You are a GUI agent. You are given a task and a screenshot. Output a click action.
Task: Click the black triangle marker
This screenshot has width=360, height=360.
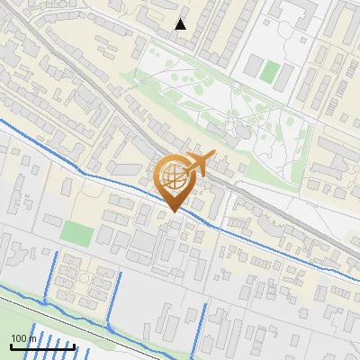[x=181, y=24]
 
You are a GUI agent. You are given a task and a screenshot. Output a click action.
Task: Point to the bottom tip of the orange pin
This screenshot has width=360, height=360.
[x=173, y=212]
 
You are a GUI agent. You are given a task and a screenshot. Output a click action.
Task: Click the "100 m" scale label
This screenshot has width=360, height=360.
[x=23, y=338]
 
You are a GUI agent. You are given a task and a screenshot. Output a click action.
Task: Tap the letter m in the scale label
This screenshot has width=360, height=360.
[x=31, y=338]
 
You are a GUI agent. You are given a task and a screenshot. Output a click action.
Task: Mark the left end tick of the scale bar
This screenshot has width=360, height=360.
[x=11, y=346]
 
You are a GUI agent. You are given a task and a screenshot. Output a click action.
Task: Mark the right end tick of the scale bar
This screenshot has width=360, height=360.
[x=74, y=346]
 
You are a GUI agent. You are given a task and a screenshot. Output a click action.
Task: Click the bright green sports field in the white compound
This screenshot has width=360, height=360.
[x=270, y=70]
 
